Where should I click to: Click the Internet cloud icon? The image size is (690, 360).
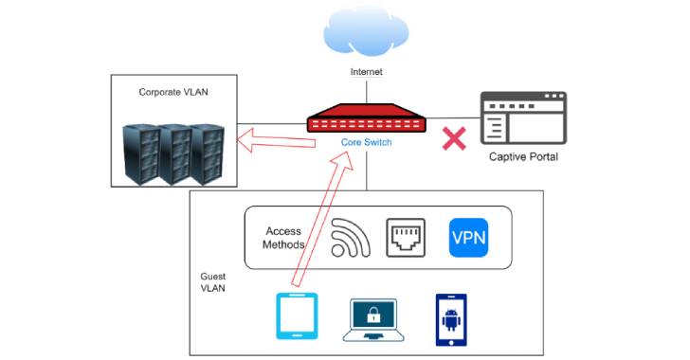pyautogui.click(x=366, y=32)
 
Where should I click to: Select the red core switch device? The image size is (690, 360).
pyautogui.click(x=366, y=121)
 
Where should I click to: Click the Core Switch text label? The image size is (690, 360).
pyautogui.click(x=366, y=142)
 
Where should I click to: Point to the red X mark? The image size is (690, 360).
pyautogui.click(x=456, y=139)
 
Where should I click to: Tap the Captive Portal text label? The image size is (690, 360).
pyautogui.click(x=522, y=156)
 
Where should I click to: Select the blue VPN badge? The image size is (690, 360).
pyautogui.click(x=468, y=238)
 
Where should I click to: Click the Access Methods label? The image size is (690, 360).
pyautogui.click(x=284, y=238)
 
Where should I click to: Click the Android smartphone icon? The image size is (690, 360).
pyautogui.click(x=451, y=316)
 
